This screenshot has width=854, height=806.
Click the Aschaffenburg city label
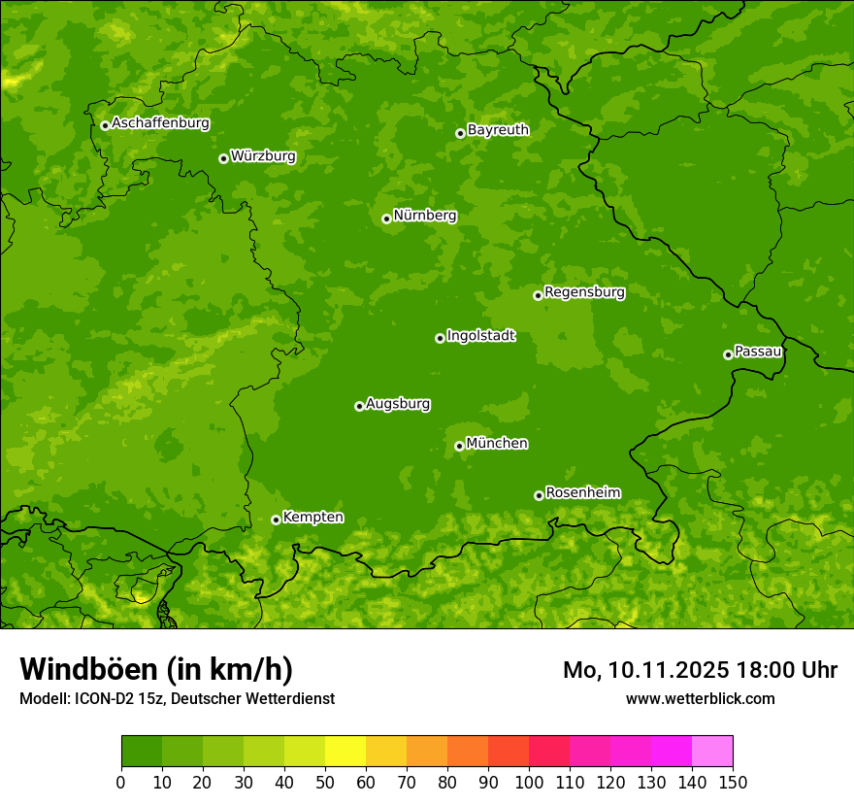click(x=160, y=123)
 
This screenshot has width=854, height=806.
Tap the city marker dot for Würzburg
click(x=223, y=158)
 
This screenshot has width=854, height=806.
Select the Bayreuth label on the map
click(x=498, y=130)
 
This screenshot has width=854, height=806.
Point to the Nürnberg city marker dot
click(x=386, y=218)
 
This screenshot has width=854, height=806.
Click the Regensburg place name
click(x=584, y=292)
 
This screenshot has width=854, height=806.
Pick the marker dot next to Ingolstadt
click(x=440, y=338)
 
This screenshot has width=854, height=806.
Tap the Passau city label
click(x=758, y=352)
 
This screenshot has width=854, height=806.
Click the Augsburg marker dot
click(x=359, y=406)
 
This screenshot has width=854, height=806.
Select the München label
click(x=497, y=444)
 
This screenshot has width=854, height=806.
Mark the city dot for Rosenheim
click(x=539, y=495)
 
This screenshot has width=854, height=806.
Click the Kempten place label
click(x=312, y=518)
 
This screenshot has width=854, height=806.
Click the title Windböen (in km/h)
click(x=156, y=669)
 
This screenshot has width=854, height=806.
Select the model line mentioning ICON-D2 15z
click(x=177, y=699)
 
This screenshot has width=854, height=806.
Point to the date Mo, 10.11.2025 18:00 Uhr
click(x=700, y=670)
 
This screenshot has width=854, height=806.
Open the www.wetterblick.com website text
click(x=700, y=699)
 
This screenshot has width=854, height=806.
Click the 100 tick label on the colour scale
click(x=529, y=782)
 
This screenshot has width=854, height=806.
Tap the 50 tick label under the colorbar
click(x=325, y=782)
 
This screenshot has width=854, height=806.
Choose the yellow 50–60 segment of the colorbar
click(x=345, y=751)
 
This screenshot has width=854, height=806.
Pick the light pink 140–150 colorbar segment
click(x=712, y=751)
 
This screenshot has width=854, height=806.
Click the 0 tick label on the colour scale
click(x=121, y=782)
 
